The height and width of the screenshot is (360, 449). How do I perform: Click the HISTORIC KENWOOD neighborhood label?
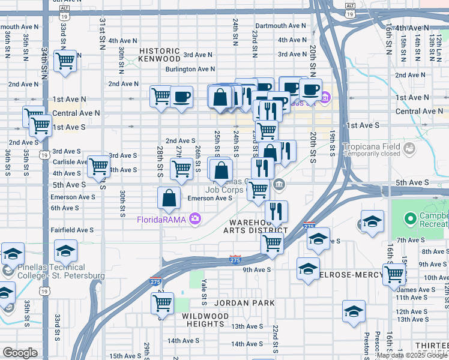tap(159, 55)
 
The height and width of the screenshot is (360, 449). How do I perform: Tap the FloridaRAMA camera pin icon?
tap(194, 218)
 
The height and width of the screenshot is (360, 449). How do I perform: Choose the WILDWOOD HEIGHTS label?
tap(205, 320)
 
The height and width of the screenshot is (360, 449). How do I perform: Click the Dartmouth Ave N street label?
tap(280, 26)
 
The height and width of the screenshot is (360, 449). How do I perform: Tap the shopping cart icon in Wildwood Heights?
tap(162, 303)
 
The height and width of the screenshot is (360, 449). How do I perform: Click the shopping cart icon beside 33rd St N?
tap(65, 61)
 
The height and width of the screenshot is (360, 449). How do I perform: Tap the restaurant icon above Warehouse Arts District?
tap(276, 210)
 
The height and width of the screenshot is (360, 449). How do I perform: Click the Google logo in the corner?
tap(20, 353)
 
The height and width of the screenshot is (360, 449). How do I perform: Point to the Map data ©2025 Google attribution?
tap(412, 355)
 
